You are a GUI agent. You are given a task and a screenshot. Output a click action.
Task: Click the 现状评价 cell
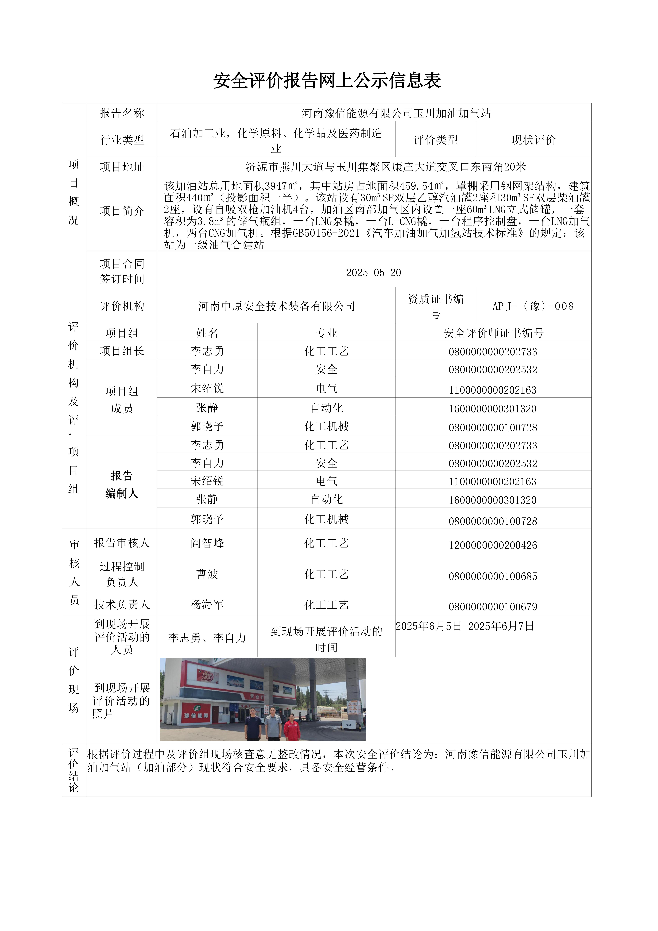click(x=533, y=140)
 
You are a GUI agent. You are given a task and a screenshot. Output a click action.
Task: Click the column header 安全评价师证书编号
click(x=493, y=333)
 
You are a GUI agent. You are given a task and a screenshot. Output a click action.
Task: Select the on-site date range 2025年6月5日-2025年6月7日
click(x=465, y=626)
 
